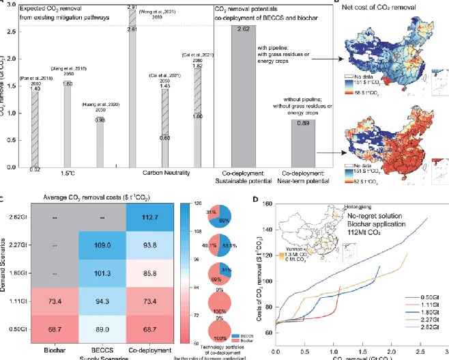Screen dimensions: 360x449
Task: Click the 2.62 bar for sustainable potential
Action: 244,96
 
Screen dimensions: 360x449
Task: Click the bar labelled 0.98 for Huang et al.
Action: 99,143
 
